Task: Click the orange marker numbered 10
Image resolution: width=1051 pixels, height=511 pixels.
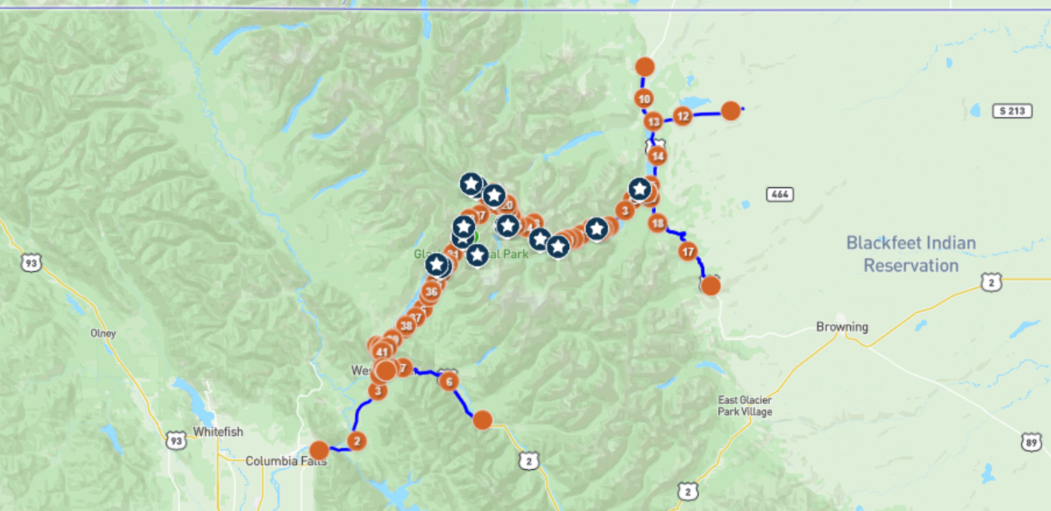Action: [645, 99]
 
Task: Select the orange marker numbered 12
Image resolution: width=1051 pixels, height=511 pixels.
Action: [682, 116]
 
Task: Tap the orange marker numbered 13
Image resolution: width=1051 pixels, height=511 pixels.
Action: [653, 122]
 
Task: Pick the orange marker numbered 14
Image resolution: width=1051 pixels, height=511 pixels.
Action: [657, 156]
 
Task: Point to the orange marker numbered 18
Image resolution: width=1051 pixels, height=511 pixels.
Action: [657, 224]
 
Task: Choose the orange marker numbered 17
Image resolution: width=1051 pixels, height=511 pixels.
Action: [688, 251]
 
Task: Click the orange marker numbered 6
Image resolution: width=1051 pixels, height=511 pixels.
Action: [449, 381]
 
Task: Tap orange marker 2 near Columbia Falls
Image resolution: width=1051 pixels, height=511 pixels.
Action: [357, 440]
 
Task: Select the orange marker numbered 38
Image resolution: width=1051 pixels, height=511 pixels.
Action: [406, 325]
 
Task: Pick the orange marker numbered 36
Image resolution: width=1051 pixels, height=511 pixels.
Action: [431, 291]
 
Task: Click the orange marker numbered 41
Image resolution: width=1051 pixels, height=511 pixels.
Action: [382, 352]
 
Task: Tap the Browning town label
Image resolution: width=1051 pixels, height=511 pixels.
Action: [842, 326]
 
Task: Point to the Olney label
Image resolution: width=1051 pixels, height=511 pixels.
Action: [102, 333]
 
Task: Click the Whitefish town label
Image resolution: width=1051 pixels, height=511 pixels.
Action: [218, 432]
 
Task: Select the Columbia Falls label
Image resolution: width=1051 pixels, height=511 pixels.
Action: [285, 461]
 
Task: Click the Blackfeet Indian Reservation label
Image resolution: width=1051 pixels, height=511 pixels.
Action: [910, 254]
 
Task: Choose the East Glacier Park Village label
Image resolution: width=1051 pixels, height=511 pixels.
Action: [745, 406]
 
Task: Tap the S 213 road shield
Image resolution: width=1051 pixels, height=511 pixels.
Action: [1012, 110]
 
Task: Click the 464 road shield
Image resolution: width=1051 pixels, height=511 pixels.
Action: [779, 194]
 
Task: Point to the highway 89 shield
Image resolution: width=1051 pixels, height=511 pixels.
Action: [1029, 442]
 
